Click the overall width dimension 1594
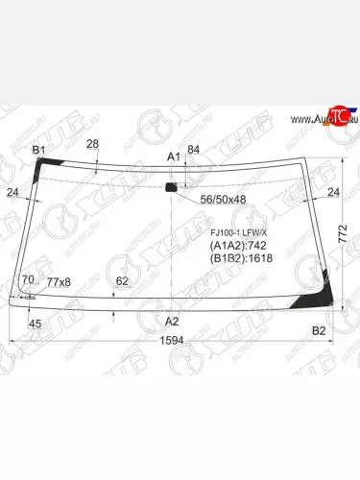[x=172, y=339]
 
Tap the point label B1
[x=39, y=150]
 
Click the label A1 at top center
[x=174, y=156]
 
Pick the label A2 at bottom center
[x=172, y=321]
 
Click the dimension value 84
[x=193, y=149]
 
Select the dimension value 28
[x=92, y=144]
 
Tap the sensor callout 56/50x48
[x=222, y=200]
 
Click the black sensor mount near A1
[x=173, y=186]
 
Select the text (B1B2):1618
[x=242, y=258]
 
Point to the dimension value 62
[x=122, y=281]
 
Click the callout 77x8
[x=60, y=281]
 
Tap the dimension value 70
[x=28, y=280]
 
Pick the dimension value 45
[x=36, y=324]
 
